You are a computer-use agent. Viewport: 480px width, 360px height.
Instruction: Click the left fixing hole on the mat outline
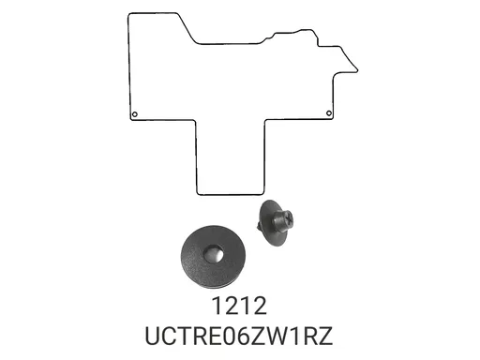point(135,114)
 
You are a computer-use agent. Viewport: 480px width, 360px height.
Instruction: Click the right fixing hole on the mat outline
point(329,114)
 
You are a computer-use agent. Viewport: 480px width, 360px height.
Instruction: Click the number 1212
point(240,306)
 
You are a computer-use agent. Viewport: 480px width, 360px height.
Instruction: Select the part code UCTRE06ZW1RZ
point(240,334)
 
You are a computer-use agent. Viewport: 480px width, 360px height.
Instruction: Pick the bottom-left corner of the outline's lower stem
point(198,194)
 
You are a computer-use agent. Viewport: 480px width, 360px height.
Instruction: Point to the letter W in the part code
point(270,334)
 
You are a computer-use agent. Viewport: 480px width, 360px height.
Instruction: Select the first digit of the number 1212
point(217,306)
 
